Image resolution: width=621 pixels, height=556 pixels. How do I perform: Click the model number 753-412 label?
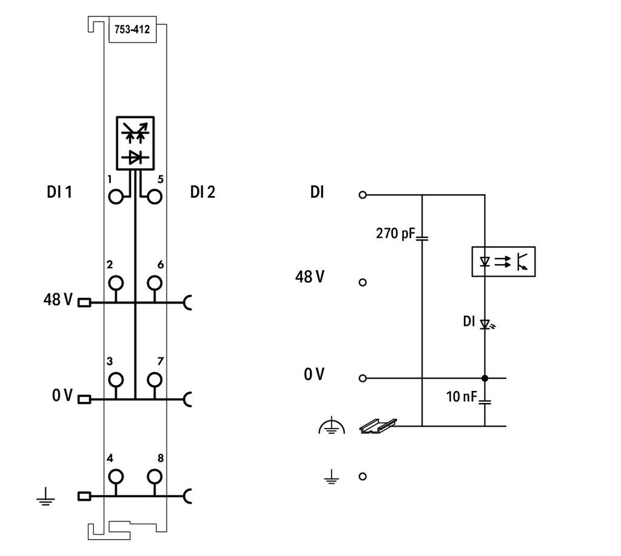tap(132, 29)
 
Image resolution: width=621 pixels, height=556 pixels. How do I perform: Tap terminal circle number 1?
tap(116, 197)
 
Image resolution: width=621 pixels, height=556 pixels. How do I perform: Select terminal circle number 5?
tap(155, 197)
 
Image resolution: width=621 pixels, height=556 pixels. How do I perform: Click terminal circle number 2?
tap(116, 283)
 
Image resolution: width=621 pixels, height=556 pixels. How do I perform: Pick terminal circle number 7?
tap(155, 379)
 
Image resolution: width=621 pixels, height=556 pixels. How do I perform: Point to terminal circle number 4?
tap(116, 476)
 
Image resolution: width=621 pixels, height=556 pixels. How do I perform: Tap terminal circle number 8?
tap(155, 476)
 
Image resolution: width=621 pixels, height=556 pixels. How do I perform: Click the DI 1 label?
tap(59, 192)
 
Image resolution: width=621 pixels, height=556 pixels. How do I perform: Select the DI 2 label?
tap(203, 192)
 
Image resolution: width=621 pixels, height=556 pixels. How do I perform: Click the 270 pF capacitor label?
tap(395, 234)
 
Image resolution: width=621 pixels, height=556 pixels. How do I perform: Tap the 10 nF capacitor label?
tap(462, 396)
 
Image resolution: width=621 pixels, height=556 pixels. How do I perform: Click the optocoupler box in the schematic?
tap(503, 262)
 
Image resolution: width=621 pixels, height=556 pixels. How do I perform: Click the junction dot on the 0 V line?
tap(485, 378)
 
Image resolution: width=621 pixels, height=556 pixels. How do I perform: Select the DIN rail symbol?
tap(378, 425)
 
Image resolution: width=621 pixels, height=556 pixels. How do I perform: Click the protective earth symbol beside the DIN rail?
tap(332, 426)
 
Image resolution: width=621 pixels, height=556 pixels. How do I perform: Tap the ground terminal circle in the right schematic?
tap(363, 476)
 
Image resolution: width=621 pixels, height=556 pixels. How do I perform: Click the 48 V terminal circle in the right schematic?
tap(363, 282)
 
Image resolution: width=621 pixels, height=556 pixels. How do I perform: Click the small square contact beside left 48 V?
tap(84, 303)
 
